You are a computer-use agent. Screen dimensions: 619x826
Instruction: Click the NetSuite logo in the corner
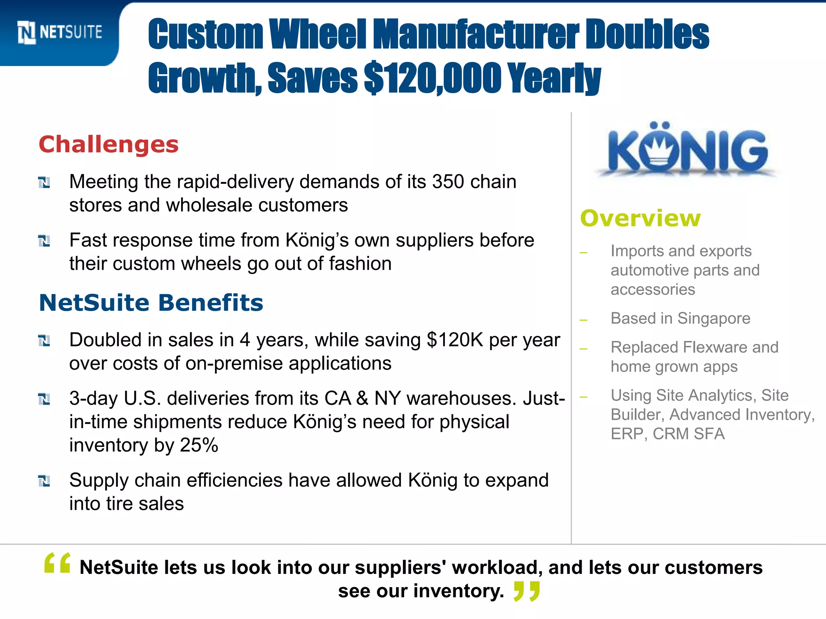pyautogui.click(x=60, y=32)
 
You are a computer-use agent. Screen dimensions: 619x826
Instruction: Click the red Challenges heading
pyautogui.click(x=108, y=144)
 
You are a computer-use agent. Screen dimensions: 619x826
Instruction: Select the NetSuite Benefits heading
pyautogui.click(x=151, y=303)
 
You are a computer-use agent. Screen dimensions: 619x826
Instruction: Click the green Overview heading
pyautogui.click(x=640, y=218)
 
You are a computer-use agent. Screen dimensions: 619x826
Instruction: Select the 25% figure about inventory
pyautogui.click(x=199, y=445)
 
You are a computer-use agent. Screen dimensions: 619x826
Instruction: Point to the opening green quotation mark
pyautogui.click(x=57, y=563)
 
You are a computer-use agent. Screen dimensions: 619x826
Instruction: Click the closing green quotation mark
pyautogui.click(x=526, y=591)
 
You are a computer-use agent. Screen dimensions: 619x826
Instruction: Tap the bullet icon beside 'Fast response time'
pyautogui.click(x=44, y=241)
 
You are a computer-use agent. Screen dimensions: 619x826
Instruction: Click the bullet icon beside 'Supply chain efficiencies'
pyautogui.click(x=44, y=481)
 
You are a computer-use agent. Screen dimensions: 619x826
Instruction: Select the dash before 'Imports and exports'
pyautogui.click(x=583, y=253)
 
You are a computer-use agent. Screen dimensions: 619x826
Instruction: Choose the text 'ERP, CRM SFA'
pyautogui.click(x=667, y=434)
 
